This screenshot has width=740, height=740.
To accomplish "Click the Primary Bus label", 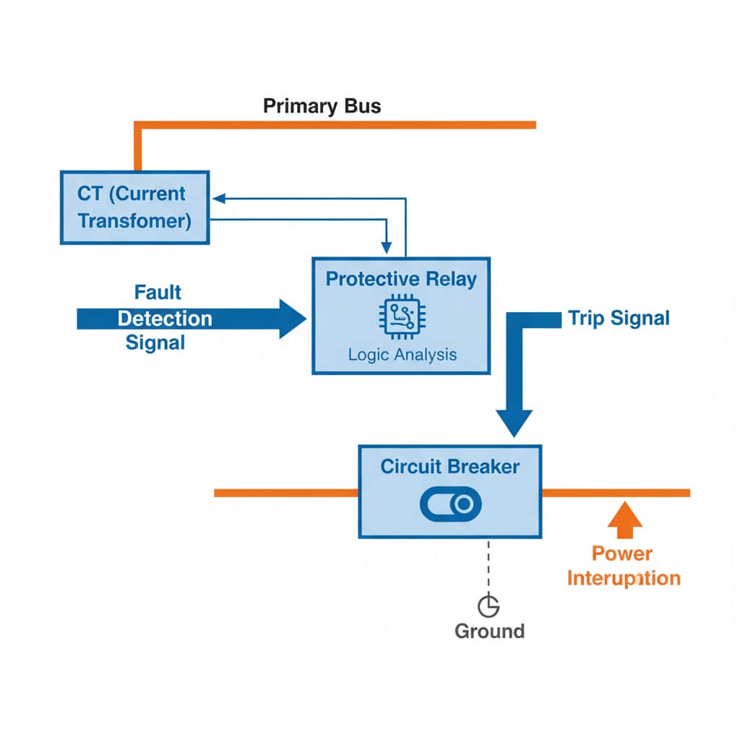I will click(322, 106).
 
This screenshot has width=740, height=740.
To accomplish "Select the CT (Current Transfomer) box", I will click(134, 207).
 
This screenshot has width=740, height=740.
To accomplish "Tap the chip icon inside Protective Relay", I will click(400, 318).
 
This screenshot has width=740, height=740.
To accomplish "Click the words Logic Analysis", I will click(402, 355).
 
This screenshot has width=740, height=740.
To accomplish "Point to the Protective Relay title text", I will click(401, 279).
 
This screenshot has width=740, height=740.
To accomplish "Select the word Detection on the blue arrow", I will click(165, 319).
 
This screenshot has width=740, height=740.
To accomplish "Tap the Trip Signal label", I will click(619, 318).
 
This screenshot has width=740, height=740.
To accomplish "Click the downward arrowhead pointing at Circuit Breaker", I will click(514, 422).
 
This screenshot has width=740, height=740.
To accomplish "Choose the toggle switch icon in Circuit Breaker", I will click(449, 504).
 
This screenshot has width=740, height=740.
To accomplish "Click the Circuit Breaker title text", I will click(449, 466).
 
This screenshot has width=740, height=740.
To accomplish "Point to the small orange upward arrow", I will click(624, 520).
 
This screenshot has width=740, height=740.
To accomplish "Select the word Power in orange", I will click(621, 554).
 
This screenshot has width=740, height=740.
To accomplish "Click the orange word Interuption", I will click(623, 578).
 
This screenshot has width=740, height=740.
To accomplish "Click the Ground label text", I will click(489, 631).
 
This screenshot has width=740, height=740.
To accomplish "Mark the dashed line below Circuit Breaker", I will click(489, 567).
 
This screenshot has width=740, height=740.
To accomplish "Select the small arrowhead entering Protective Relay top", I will click(389, 249).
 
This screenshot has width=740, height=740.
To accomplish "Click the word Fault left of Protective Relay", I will click(158, 293).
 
